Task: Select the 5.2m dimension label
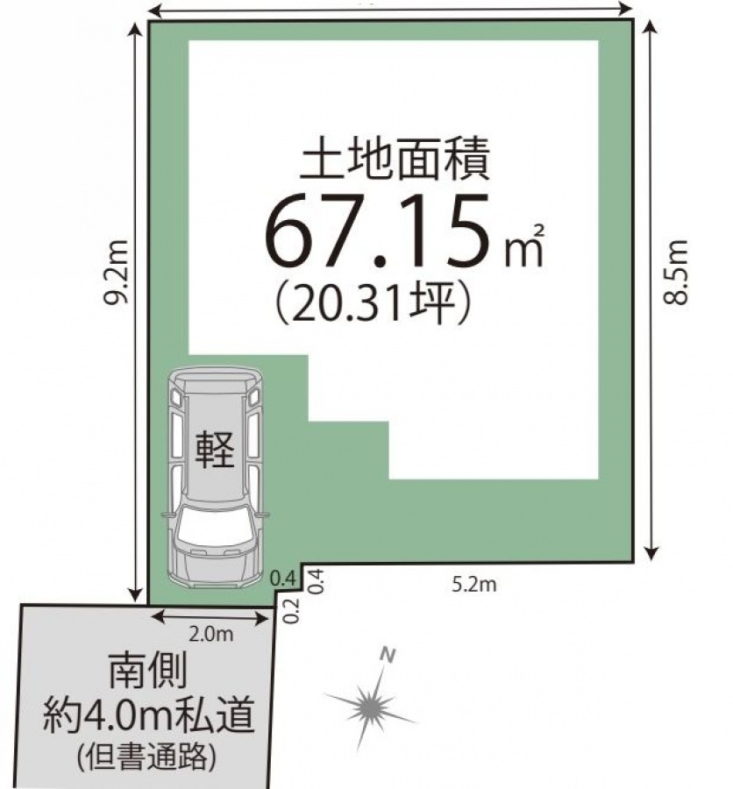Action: [x=474, y=584]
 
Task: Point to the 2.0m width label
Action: [x=211, y=635]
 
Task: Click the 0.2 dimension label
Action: [x=292, y=611]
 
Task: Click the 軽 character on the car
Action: [x=215, y=450]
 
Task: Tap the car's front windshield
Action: [x=215, y=529]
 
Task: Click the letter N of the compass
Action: [x=388, y=655]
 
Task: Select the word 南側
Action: [x=148, y=672]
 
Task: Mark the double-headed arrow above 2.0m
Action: [x=211, y=617]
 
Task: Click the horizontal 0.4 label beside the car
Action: [x=282, y=579]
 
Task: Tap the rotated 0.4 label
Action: [x=314, y=581]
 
